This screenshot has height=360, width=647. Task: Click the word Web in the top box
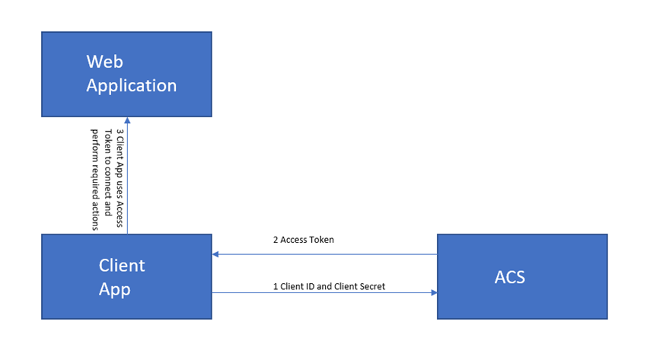[104, 61]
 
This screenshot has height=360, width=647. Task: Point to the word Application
[131, 85]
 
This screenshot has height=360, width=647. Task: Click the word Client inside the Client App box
[122, 266]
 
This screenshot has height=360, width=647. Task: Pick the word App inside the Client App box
[115, 289]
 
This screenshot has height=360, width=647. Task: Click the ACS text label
[509, 276]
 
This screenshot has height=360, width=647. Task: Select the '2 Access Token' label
[304, 240]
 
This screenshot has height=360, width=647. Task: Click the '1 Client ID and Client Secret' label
[329, 287]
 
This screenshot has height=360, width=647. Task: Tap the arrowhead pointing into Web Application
[127, 120]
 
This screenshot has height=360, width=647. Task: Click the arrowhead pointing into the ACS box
[433, 292]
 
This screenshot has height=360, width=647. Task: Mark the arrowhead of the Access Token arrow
[216, 254]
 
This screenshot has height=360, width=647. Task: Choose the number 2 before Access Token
[276, 240]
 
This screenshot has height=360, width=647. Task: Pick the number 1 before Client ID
[276, 287]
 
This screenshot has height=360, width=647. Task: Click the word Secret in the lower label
[371, 287]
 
